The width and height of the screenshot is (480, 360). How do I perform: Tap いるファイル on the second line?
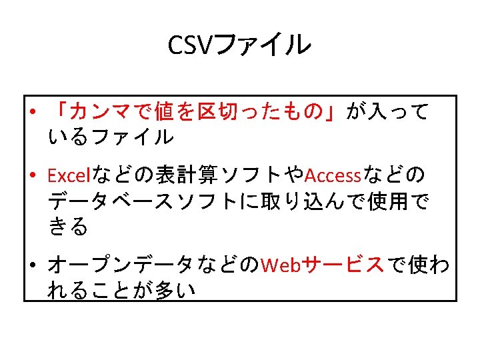coord(111,137)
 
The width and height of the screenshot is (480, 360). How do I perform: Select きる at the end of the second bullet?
coord(68,227)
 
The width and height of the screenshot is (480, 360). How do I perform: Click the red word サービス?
coord(344,265)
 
